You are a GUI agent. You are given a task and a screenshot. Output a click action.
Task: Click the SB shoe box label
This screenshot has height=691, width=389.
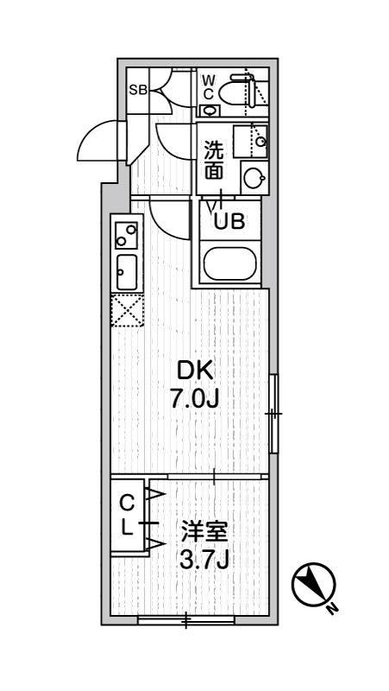(138, 89)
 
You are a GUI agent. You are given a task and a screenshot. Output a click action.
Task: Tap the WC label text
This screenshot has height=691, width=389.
(208, 87)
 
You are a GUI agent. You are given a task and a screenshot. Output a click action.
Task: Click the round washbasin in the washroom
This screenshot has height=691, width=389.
(254, 178)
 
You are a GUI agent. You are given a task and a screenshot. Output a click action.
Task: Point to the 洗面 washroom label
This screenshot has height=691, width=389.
(213, 160)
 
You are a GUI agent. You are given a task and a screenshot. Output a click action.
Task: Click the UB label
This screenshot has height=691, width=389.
(229, 221)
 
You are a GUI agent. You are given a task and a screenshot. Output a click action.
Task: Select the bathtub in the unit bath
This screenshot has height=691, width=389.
(229, 263)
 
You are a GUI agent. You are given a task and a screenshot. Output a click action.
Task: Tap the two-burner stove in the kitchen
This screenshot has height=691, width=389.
(126, 236)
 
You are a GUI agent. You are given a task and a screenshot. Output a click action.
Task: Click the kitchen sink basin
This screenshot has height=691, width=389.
(126, 273)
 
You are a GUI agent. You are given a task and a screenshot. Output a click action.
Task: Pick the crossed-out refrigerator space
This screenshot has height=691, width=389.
(126, 310)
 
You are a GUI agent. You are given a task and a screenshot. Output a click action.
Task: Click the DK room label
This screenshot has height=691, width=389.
(192, 371)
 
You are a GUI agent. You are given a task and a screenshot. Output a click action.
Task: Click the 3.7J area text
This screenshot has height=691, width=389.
(204, 560)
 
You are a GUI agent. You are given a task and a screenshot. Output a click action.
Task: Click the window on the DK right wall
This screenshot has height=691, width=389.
(273, 414)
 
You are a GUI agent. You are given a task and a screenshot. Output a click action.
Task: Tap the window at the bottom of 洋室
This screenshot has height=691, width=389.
(185, 619)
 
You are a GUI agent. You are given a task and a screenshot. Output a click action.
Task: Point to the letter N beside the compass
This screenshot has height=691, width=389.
(333, 609)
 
